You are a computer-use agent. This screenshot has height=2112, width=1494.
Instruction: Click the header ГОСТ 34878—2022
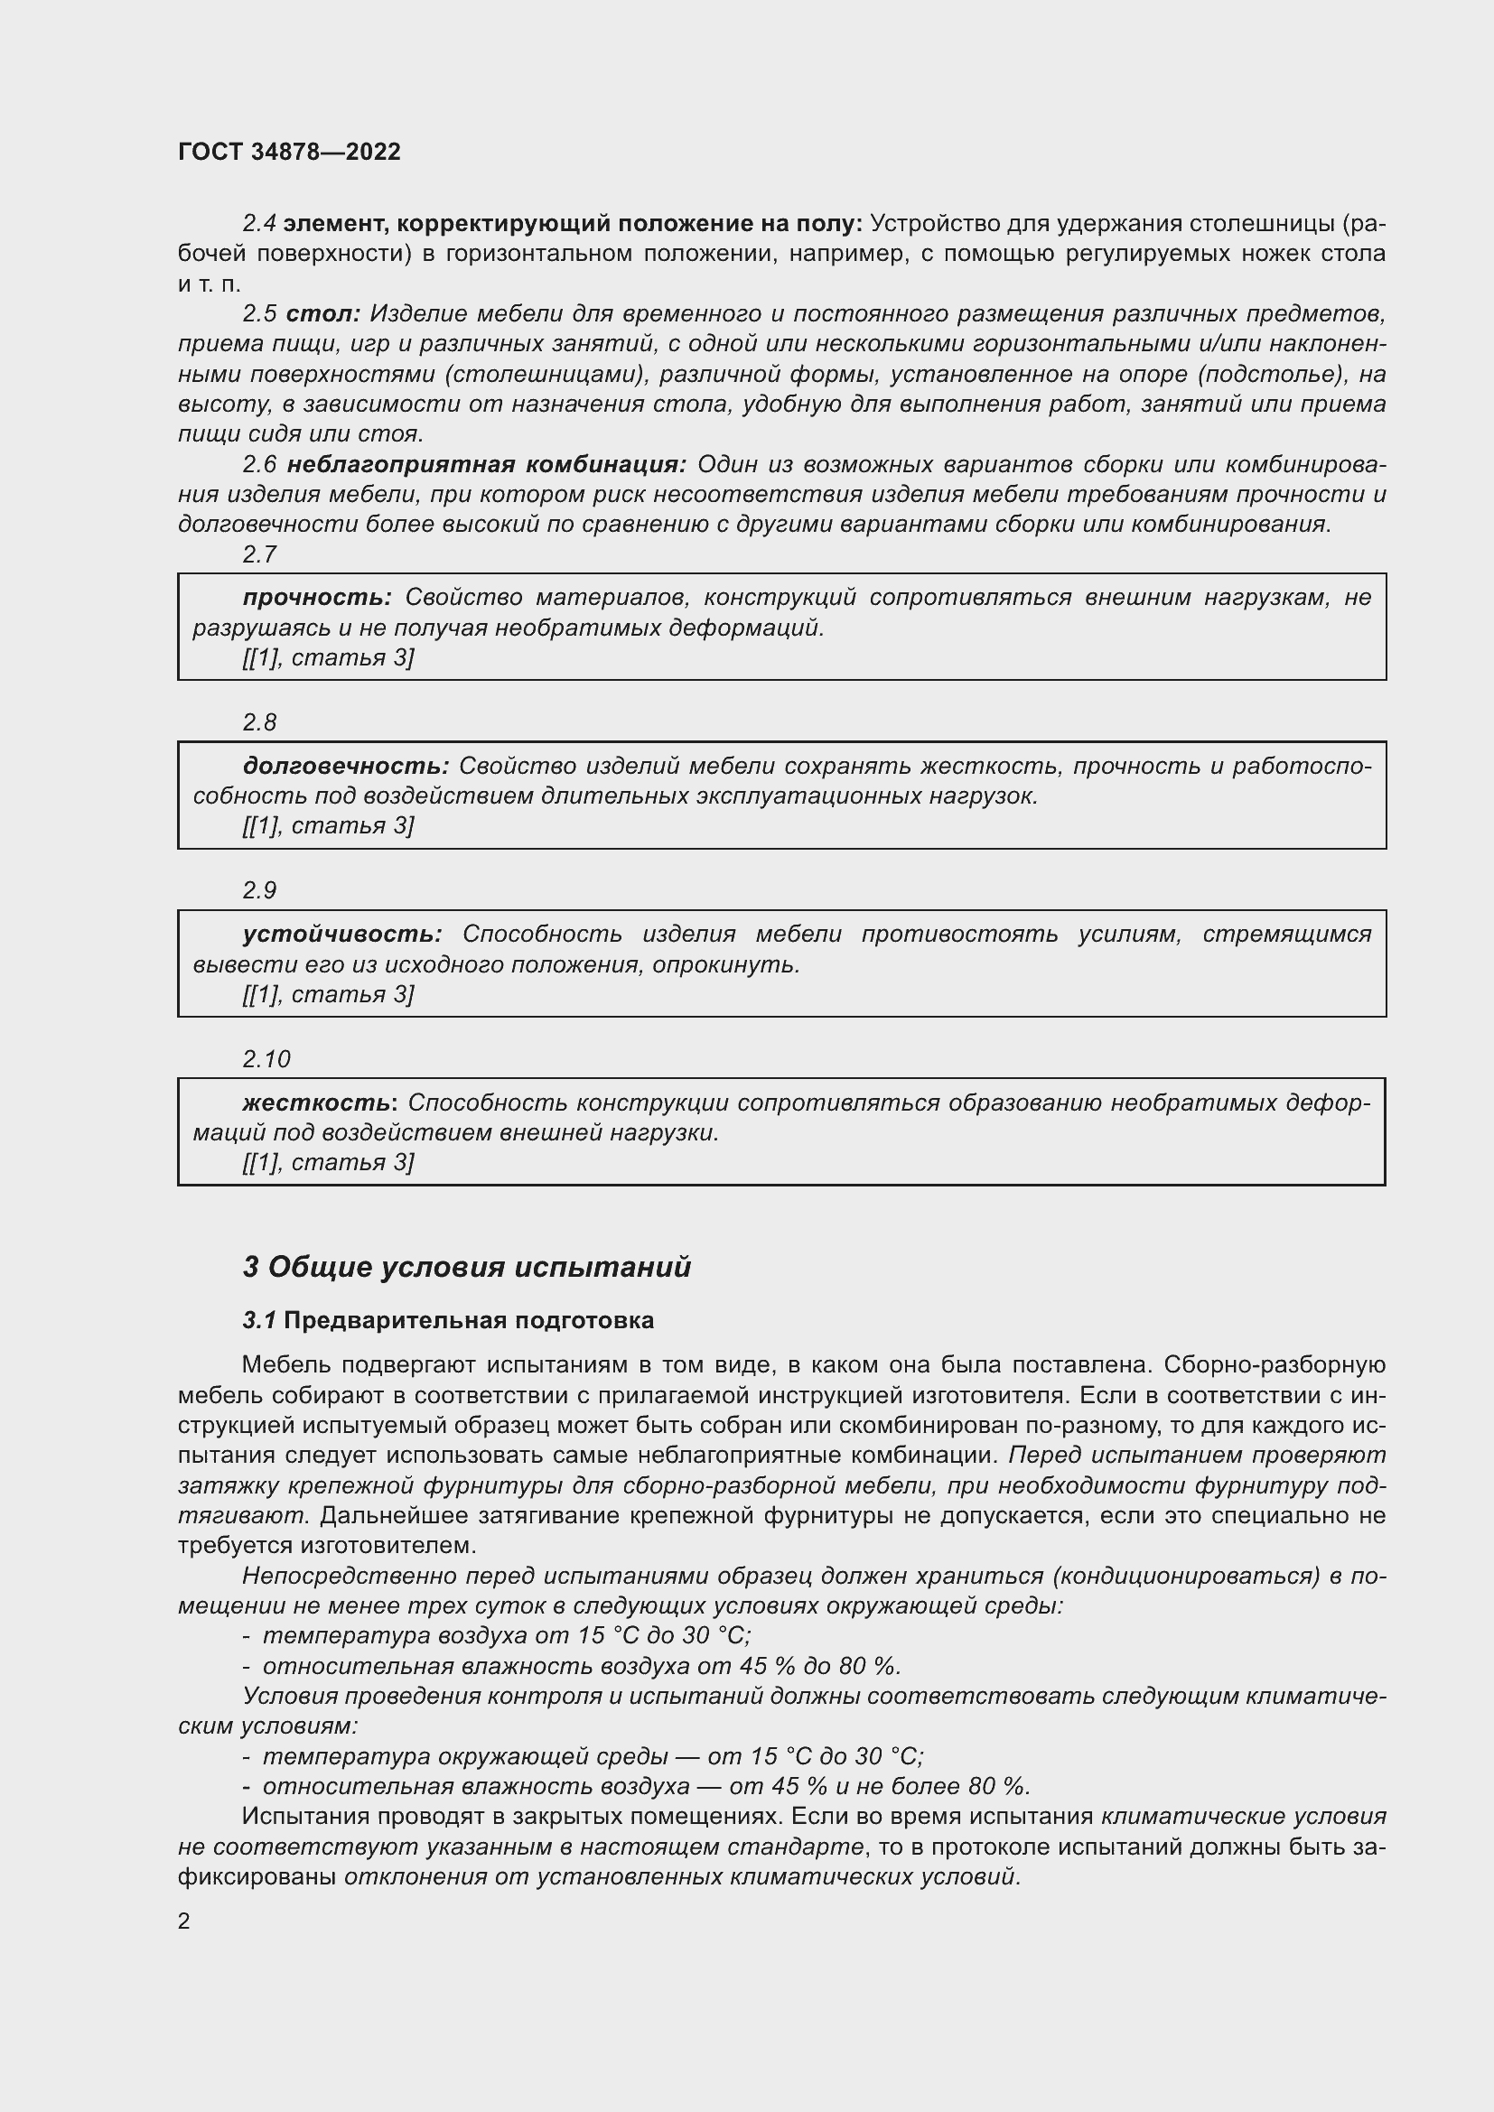tap(289, 152)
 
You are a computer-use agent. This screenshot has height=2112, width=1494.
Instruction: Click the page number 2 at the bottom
tap(184, 1921)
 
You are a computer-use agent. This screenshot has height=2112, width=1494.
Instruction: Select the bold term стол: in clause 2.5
tap(322, 313)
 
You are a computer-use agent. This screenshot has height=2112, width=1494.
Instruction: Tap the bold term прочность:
tap(317, 597)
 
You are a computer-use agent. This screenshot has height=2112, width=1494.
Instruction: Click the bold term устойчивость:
tap(342, 934)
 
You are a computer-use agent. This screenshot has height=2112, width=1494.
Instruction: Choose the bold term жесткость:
tap(320, 1102)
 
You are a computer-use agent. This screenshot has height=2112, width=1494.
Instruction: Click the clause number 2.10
tap(266, 1059)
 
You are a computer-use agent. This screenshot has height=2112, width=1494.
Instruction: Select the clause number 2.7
tap(259, 554)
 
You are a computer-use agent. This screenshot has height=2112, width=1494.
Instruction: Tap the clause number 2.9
tap(259, 890)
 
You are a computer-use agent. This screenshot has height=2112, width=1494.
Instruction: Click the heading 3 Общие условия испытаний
tap(466, 1267)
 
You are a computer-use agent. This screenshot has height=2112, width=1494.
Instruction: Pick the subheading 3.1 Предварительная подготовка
tap(448, 1320)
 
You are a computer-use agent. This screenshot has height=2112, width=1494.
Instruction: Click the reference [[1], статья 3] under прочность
tap(329, 657)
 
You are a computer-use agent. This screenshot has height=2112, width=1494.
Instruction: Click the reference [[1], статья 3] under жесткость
tap(329, 1163)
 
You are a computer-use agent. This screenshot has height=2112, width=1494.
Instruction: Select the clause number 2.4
tap(259, 223)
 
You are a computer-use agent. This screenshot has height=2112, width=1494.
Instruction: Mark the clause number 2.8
tap(259, 722)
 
